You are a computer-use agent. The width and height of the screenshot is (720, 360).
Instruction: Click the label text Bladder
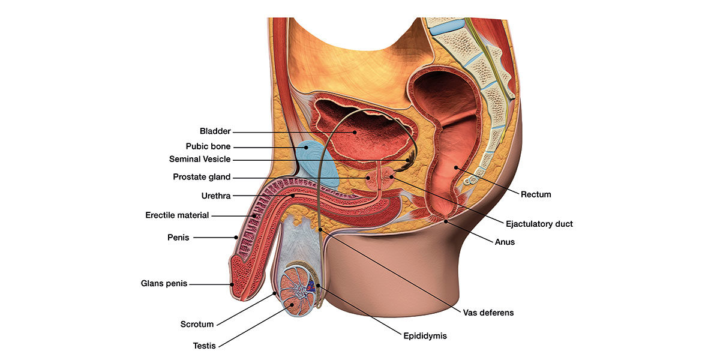click(215, 131)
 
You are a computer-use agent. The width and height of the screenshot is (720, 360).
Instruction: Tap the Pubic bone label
click(208, 146)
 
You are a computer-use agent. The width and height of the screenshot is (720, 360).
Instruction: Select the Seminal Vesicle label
click(199, 160)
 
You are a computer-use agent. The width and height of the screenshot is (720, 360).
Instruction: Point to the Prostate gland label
click(202, 177)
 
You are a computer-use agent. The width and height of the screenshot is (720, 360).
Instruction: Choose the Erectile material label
click(177, 215)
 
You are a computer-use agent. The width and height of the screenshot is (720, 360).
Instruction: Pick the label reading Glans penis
click(164, 284)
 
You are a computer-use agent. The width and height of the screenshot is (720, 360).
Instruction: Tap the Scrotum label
click(197, 325)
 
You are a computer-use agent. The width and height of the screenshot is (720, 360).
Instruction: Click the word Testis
click(204, 345)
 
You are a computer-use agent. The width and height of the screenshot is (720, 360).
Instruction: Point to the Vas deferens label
click(488, 313)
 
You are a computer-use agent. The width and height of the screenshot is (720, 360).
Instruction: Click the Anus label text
click(505, 242)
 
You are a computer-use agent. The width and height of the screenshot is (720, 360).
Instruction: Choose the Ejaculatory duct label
click(539, 224)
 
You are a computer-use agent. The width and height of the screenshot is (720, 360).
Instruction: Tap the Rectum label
click(535, 194)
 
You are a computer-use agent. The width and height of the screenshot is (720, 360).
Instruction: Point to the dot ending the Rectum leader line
click(455, 167)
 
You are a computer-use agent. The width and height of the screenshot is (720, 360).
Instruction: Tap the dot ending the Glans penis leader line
click(233, 284)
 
